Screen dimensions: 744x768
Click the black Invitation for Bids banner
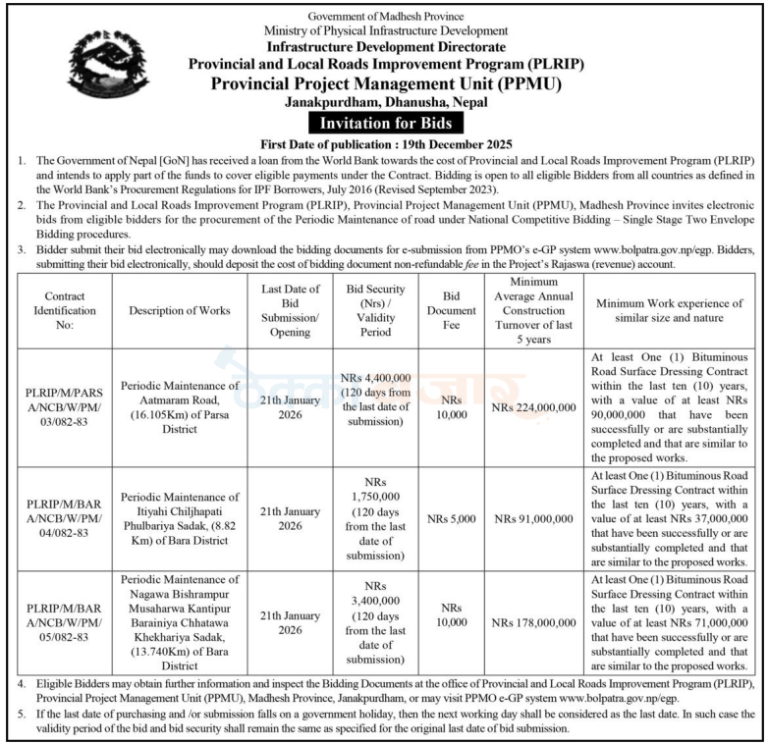(384, 123)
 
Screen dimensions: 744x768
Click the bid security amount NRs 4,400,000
(376, 379)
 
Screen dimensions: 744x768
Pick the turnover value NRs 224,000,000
(534, 406)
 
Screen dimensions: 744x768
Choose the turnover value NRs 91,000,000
(534, 516)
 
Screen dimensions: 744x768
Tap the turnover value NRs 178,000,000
(534, 621)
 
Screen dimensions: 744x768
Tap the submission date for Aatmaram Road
(290, 406)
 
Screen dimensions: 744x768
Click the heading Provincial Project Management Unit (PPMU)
(384, 83)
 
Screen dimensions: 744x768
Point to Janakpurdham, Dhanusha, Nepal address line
(384, 103)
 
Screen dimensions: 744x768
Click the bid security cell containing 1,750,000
(376, 516)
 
